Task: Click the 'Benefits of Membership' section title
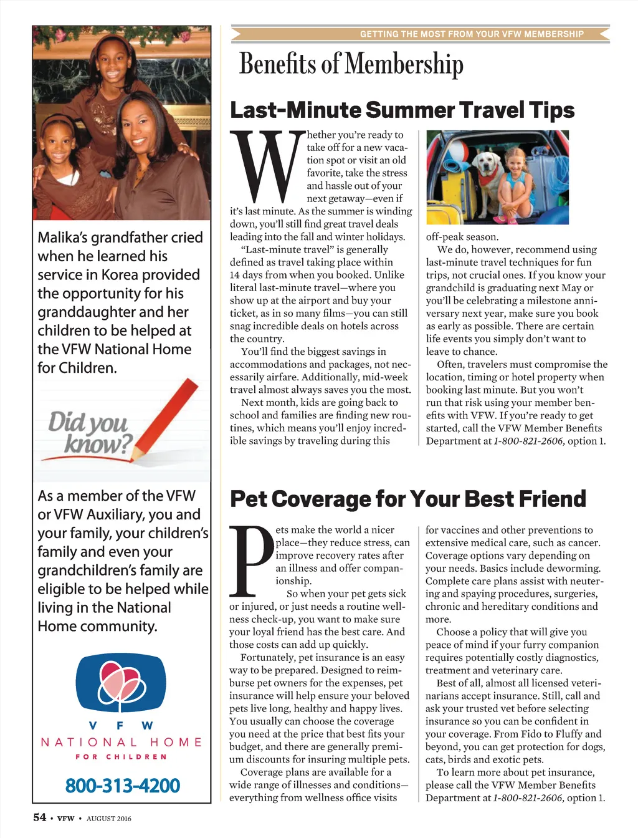click(351, 64)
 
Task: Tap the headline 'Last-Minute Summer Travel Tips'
click(402, 110)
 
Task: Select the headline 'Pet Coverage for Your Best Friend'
click(408, 499)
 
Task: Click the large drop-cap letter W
click(267, 166)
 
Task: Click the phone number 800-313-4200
click(123, 786)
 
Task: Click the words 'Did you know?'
click(90, 432)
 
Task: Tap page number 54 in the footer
click(40, 817)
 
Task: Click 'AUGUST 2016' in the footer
click(109, 819)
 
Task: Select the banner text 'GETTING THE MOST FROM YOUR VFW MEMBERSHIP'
click(472, 34)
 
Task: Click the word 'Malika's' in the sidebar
click(64, 238)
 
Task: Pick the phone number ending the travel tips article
click(528, 441)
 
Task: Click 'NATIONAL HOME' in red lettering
click(121, 742)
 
